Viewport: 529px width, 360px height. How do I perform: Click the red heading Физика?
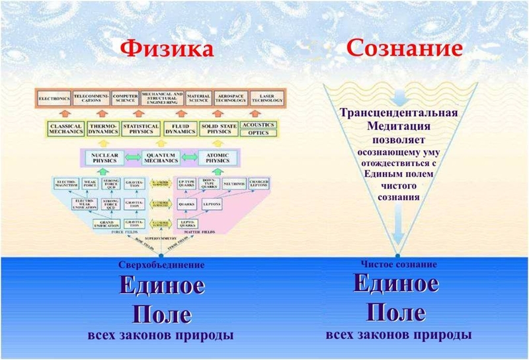click(161, 50)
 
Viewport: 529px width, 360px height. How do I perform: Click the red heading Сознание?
click(394, 50)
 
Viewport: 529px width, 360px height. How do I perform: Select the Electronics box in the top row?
click(54, 100)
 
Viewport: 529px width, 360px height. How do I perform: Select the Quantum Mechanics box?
click(161, 159)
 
